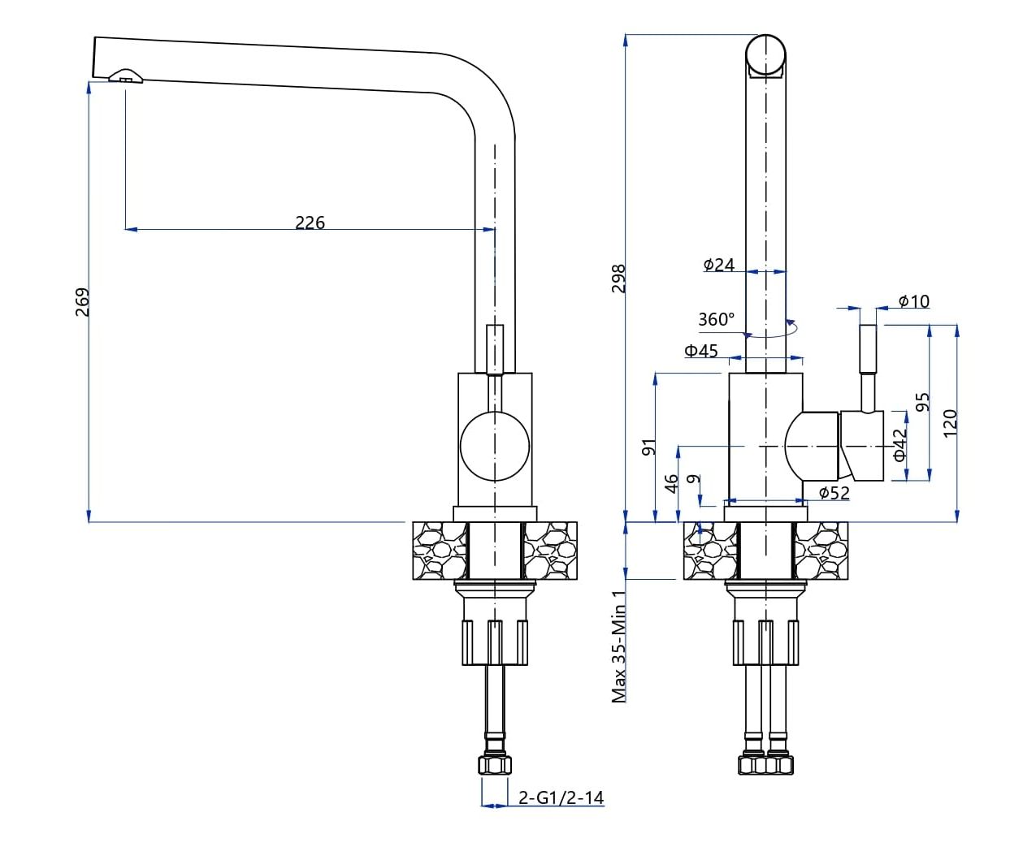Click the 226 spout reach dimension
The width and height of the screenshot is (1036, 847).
coord(310,222)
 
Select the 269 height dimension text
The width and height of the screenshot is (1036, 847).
coord(82,302)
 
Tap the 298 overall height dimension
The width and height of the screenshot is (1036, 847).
coord(618,279)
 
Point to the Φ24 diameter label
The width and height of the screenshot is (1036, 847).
coord(719,264)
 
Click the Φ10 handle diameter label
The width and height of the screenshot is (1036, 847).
coord(914,301)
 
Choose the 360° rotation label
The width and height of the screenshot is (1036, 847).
coord(716,319)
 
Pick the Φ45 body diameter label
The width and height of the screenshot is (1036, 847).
coord(701,351)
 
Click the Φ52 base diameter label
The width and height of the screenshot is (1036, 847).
coord(834,492)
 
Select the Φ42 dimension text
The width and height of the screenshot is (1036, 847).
coord(899,445)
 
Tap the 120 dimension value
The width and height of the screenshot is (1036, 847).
coord(950,423)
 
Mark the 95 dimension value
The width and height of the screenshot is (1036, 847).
coord(922,402)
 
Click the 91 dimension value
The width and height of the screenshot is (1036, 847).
coord(648,447)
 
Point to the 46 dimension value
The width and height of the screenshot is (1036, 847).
coord(671,483)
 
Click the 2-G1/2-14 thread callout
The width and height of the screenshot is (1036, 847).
coord(561,797)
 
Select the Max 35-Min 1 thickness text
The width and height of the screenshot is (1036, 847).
coord(619,646)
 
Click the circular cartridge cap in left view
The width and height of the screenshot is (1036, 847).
coord(494,446)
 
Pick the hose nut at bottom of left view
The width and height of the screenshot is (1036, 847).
coord(496,766)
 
